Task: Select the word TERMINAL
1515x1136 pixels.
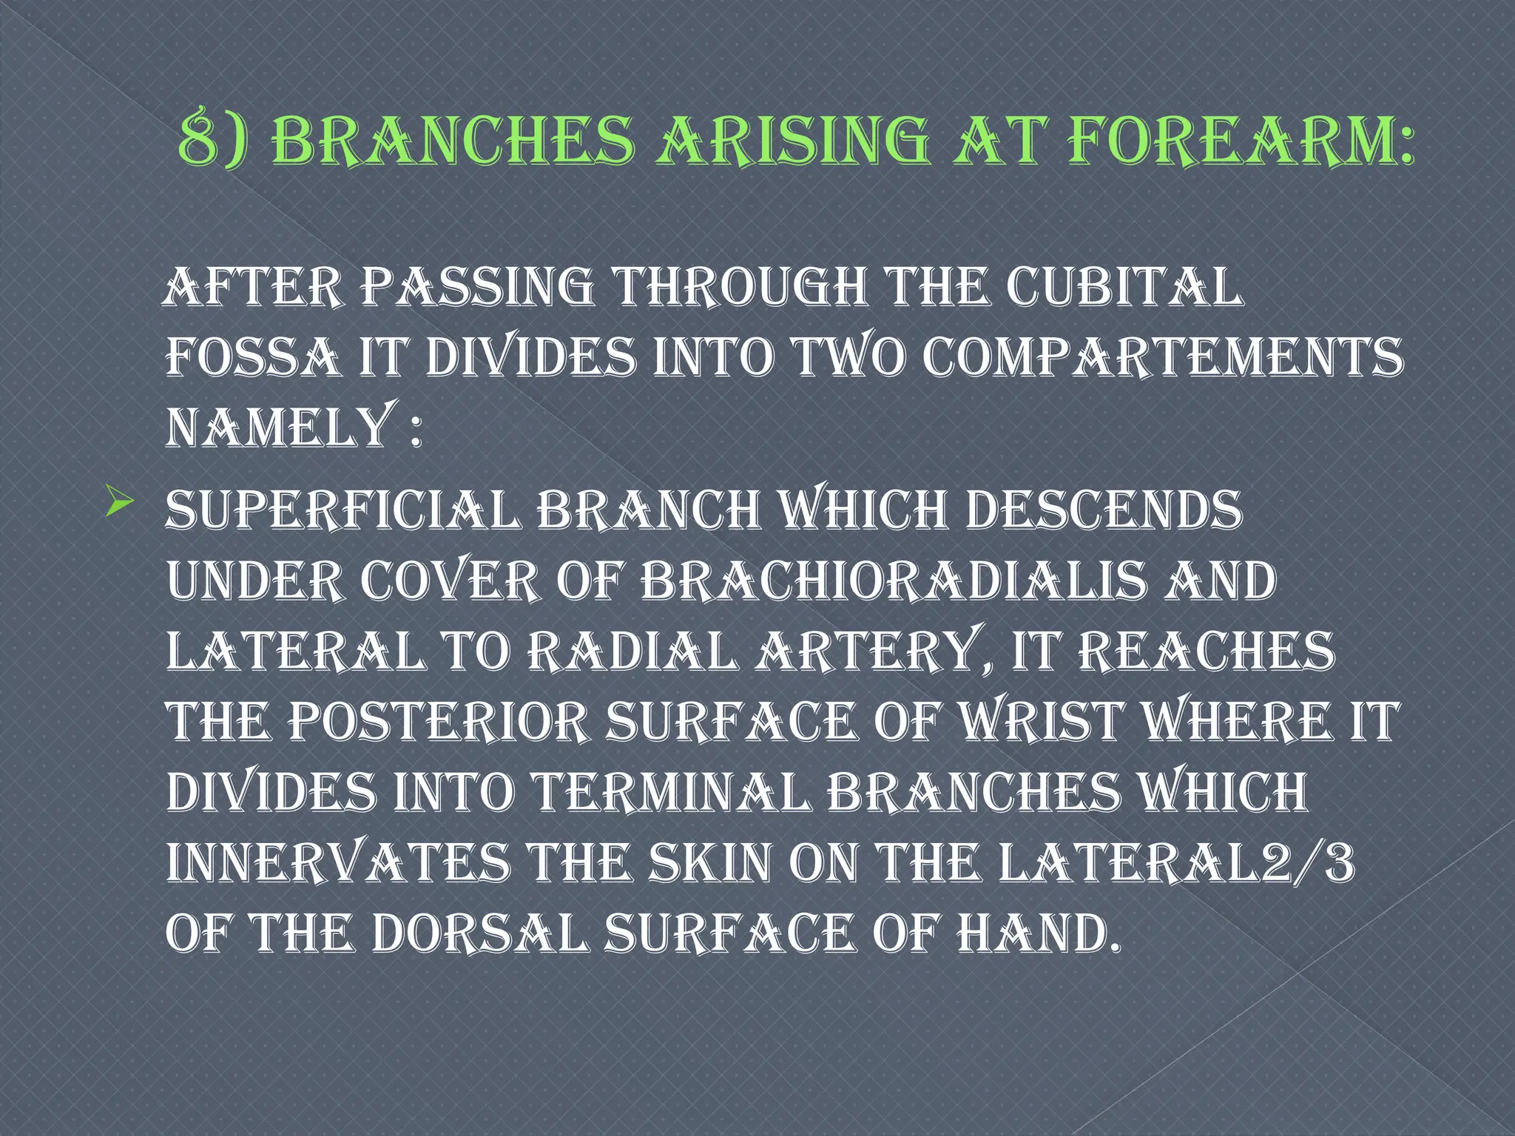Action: (669, 791)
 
